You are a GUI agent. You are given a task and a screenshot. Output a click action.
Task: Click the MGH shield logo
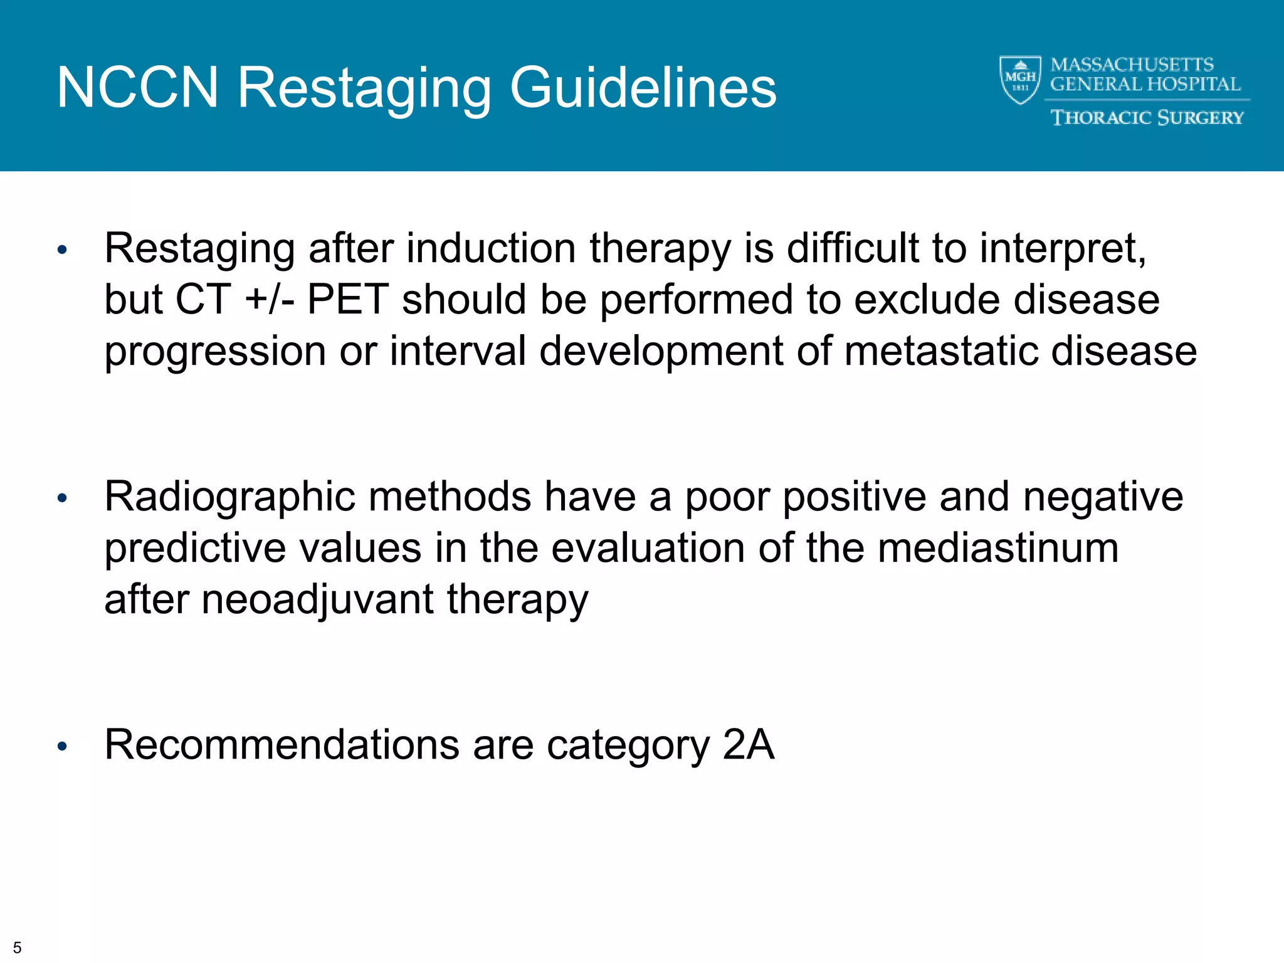[1020, 80]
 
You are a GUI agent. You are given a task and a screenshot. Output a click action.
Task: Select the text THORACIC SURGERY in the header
[1147, 117]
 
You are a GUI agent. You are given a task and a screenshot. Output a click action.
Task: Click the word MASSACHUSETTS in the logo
[1132, 65]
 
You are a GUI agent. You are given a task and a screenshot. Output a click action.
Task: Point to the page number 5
[17, 947]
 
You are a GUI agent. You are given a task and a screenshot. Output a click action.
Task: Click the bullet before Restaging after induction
[61, 250]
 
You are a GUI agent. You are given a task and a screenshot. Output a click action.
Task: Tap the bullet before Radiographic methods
[61, 498]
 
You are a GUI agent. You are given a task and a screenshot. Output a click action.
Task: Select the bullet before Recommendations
[61, 746]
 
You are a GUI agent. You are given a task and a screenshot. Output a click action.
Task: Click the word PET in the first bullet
[347, 300]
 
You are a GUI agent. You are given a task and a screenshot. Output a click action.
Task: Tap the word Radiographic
[229, 497]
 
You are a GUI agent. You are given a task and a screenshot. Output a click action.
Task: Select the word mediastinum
[997, 548]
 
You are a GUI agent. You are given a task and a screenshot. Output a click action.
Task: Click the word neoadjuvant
[317, 599]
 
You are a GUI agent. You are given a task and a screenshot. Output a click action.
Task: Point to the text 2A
[748, 745]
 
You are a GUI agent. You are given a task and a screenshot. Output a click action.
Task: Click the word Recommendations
[282, 745]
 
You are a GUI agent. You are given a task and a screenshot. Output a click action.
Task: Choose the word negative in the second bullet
[1103, 497]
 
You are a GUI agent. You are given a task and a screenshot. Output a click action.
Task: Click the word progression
[214, 352]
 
